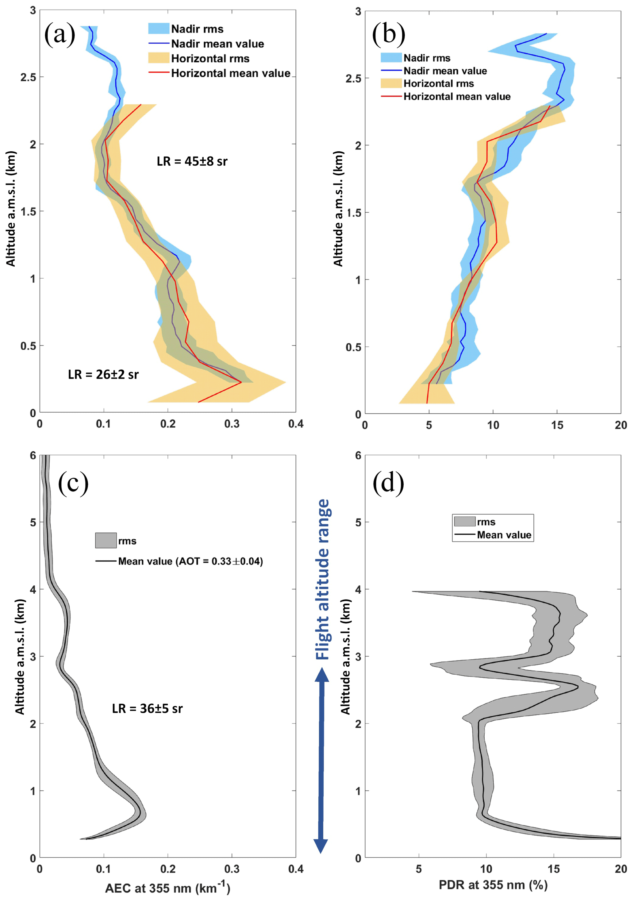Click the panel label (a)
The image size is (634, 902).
point(60,35)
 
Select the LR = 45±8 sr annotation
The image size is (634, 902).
point(192,161)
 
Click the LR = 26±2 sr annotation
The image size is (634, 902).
point(103,374)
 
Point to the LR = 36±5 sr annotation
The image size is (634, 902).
point(147,708)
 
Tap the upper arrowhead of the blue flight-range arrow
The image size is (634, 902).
point(322,675)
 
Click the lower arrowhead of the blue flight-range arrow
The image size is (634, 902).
point(321,846)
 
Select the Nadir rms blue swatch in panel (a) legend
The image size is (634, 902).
point(159,29)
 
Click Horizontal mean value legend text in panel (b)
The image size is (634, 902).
point(457,97)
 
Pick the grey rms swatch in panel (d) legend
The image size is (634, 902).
point(464,522)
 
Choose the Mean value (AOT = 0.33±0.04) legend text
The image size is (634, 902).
point(190,561)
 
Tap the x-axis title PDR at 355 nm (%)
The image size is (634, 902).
point(493,885)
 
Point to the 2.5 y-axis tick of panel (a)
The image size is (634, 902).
point(28,77)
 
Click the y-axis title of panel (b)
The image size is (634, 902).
point(338,208)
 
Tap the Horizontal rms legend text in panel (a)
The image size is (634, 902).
point(210,59)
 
